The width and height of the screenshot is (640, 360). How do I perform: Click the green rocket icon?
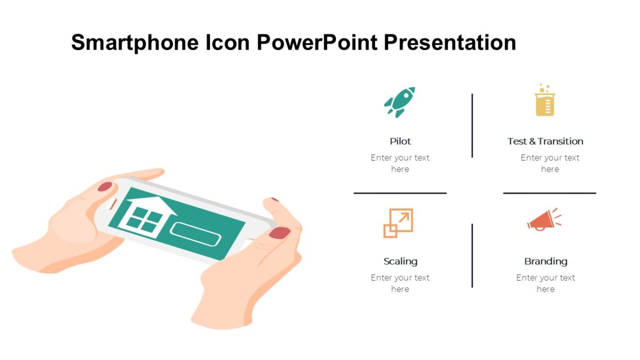(399, 101)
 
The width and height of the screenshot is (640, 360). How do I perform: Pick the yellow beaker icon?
(545, 101)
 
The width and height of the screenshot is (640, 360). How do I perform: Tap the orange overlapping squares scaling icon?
(398, 223)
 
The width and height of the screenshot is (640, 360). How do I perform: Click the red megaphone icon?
(543, 219)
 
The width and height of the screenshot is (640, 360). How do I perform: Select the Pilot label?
(400, 141)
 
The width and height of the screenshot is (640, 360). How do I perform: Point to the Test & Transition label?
(545, 141)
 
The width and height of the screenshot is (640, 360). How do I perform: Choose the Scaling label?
(400, 261)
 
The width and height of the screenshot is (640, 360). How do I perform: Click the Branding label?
(546, 261)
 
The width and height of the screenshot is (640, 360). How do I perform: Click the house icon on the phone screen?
(145, 214)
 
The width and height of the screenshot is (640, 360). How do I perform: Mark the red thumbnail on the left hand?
(105, 187)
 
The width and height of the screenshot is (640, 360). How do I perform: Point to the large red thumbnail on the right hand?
(279, 233)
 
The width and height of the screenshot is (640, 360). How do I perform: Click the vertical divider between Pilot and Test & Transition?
(472, 125)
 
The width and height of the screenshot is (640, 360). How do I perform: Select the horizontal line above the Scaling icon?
(400, 193)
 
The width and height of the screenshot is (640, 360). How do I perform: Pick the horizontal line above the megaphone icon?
(549, 193)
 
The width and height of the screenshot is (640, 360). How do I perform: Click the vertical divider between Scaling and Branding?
(472, 255)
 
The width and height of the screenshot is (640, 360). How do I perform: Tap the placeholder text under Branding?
(546, 283)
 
